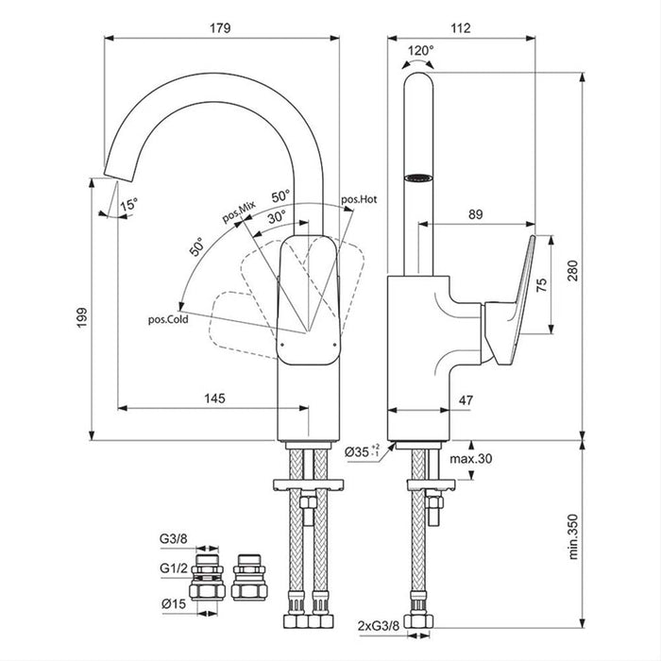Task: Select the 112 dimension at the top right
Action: [x=460, y=27]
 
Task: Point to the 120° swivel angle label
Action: [x=420, y=50]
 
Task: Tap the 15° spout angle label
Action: [x=127, y=202]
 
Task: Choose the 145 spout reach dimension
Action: [x=214, y=398]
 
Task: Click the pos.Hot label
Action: [x=359, y=199]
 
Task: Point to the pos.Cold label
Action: [x=168, y=320]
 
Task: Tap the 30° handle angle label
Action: [x=276, y=215]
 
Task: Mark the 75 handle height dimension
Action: [x=541, y=285]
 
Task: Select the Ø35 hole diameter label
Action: [x=363, y=452]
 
